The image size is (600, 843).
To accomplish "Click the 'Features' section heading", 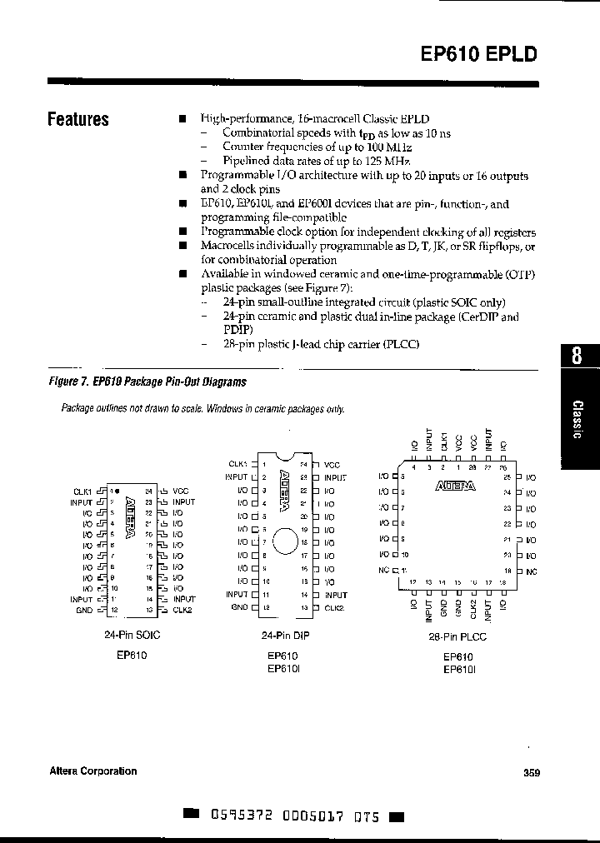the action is tap(78, 119).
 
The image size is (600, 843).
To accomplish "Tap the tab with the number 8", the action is tap(577, 356).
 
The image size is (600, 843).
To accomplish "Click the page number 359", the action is tap(532, 772).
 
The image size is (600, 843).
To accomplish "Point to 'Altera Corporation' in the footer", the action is tap(92, 771).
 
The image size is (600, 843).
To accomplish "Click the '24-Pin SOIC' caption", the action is tap(133, 636).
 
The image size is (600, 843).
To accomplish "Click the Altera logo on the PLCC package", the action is tap(454, 488).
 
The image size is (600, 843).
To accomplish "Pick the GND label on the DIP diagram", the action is tap(239, 607).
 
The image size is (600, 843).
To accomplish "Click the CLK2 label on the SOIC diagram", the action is tap(182, 611).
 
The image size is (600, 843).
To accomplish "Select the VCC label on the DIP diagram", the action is tap(332, 464).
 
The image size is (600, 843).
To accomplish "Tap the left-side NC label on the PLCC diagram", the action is tap(383, 570).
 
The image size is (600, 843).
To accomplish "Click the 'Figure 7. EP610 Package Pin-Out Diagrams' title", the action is tap(147, 382).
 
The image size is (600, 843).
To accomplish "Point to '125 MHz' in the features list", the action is tap(390, 161).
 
